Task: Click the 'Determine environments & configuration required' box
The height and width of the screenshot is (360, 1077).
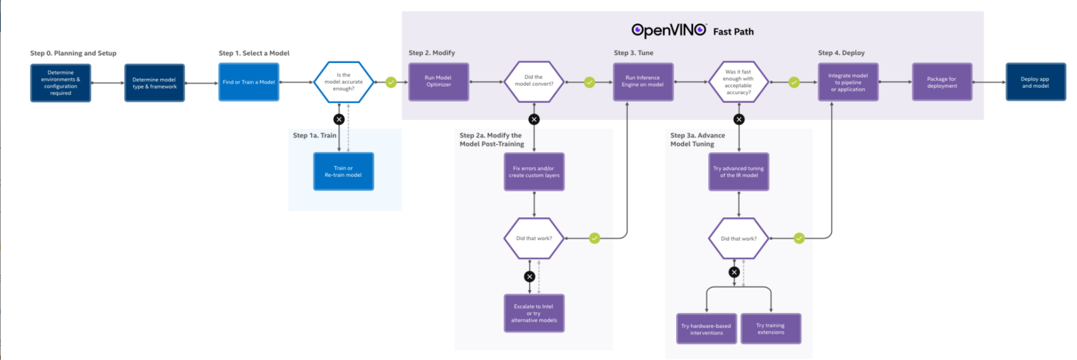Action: (x=61, y=83)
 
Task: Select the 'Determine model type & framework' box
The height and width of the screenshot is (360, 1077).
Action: (x=155, y=83)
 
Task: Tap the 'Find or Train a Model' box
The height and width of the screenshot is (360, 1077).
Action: (x=249, y=82)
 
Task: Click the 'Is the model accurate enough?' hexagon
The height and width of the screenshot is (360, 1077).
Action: (x=343, y=82)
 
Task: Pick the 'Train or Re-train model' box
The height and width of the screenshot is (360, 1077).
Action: (x=343, y=171)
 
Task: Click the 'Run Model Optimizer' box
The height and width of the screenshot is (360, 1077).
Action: (x=439, y=81)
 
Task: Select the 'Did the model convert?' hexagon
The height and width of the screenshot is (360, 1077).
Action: (x=534, y=81)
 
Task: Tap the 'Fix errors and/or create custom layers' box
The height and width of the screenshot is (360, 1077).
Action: (x=534, y=172)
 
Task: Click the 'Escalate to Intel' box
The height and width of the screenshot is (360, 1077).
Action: (x=534, y=313)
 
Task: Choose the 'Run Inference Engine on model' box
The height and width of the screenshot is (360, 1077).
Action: (x=643, y=81)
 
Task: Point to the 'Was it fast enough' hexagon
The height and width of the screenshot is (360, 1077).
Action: (x=739, y=82)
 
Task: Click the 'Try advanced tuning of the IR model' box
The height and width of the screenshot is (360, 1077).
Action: (x=739, y=172)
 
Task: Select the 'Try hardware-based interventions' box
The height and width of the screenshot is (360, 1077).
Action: (x=706, y=329)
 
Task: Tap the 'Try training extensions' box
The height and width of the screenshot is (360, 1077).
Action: (x=771, y=329)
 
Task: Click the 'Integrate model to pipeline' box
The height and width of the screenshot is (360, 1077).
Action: (x=848, y=82)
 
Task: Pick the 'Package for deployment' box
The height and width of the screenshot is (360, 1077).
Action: (x=942, y=82)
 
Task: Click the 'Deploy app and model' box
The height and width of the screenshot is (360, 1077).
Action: (x=1035, y=82)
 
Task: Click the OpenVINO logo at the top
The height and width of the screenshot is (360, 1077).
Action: (x=669, y=30)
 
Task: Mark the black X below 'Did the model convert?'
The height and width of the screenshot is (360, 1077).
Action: (x=534, y=119)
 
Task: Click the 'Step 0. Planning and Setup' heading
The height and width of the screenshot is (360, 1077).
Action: (x=73, y=53)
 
